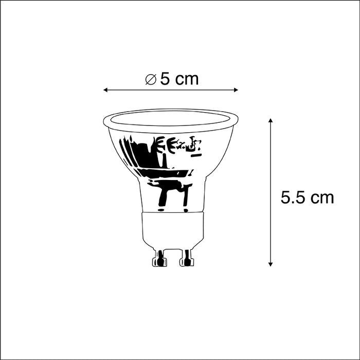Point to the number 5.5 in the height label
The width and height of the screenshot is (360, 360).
coord(293,197)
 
